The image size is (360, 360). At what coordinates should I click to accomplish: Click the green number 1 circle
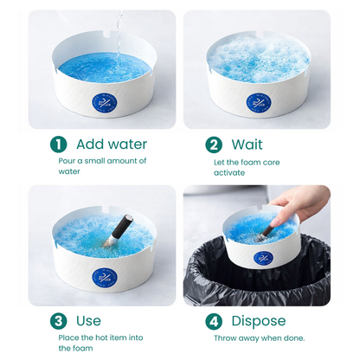[x=58, y=145]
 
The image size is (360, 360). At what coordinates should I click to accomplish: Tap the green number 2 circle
[x=214, y=145]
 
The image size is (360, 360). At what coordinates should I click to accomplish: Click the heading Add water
[x=112, y=145]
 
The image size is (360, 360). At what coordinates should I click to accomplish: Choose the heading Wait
[x=247, y=145]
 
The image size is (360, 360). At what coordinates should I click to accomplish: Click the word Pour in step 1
[x=67, y=161]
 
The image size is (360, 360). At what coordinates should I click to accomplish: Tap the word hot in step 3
[x=100, y=337]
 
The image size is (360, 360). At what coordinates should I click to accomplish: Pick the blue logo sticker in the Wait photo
[x=257, y=103]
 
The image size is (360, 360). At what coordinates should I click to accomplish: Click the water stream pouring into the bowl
[x=119, y=30]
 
